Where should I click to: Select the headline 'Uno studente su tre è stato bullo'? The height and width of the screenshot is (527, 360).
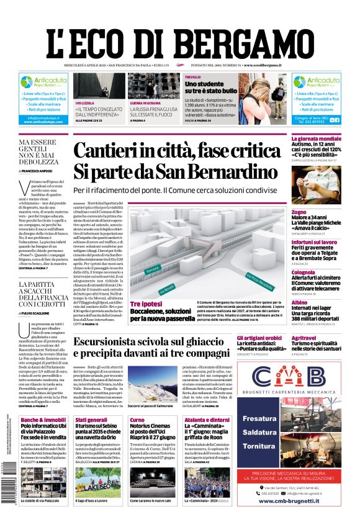(x=211, y=87)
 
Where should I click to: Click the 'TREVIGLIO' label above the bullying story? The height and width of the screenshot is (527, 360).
(x=193, y=77)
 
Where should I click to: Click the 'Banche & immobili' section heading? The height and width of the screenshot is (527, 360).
(x=42, y=420)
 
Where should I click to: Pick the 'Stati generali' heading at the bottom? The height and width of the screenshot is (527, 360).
(x=91, y=420)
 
